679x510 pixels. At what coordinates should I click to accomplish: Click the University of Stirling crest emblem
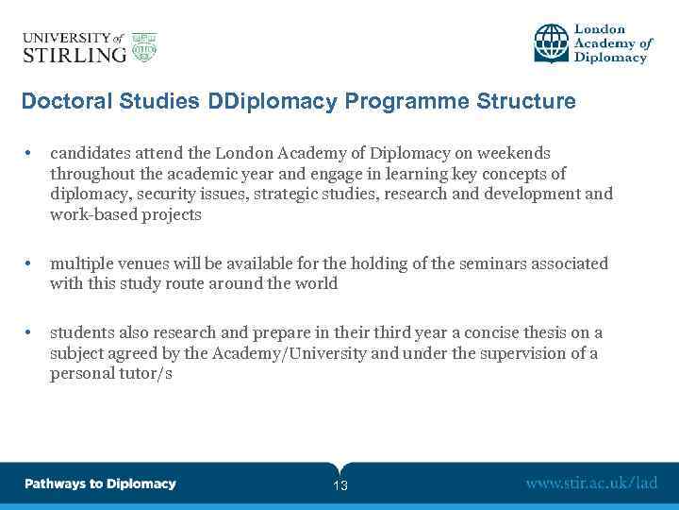[x=144, y=46]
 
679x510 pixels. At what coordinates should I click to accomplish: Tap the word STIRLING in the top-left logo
[x=74, y=54]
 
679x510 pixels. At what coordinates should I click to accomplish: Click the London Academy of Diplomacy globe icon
[x=552, y=43]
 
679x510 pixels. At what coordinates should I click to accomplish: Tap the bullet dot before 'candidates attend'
[x=31, y=153]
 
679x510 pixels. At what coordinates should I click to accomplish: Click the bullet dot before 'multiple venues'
[x=31, y=263]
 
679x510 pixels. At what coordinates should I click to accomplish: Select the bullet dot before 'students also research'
[x=31, y=332]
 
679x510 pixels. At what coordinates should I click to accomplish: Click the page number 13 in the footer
[x=340, y=485]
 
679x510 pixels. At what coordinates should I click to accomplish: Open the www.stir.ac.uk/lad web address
[x=590, y=484]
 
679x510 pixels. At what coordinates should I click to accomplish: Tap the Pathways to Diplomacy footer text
[x=100, y=484]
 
